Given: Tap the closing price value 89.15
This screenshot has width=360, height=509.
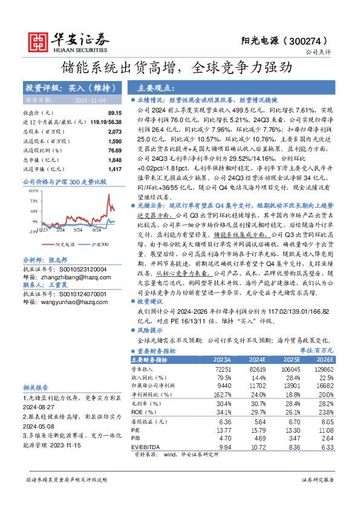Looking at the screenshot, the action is click(115, 113).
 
